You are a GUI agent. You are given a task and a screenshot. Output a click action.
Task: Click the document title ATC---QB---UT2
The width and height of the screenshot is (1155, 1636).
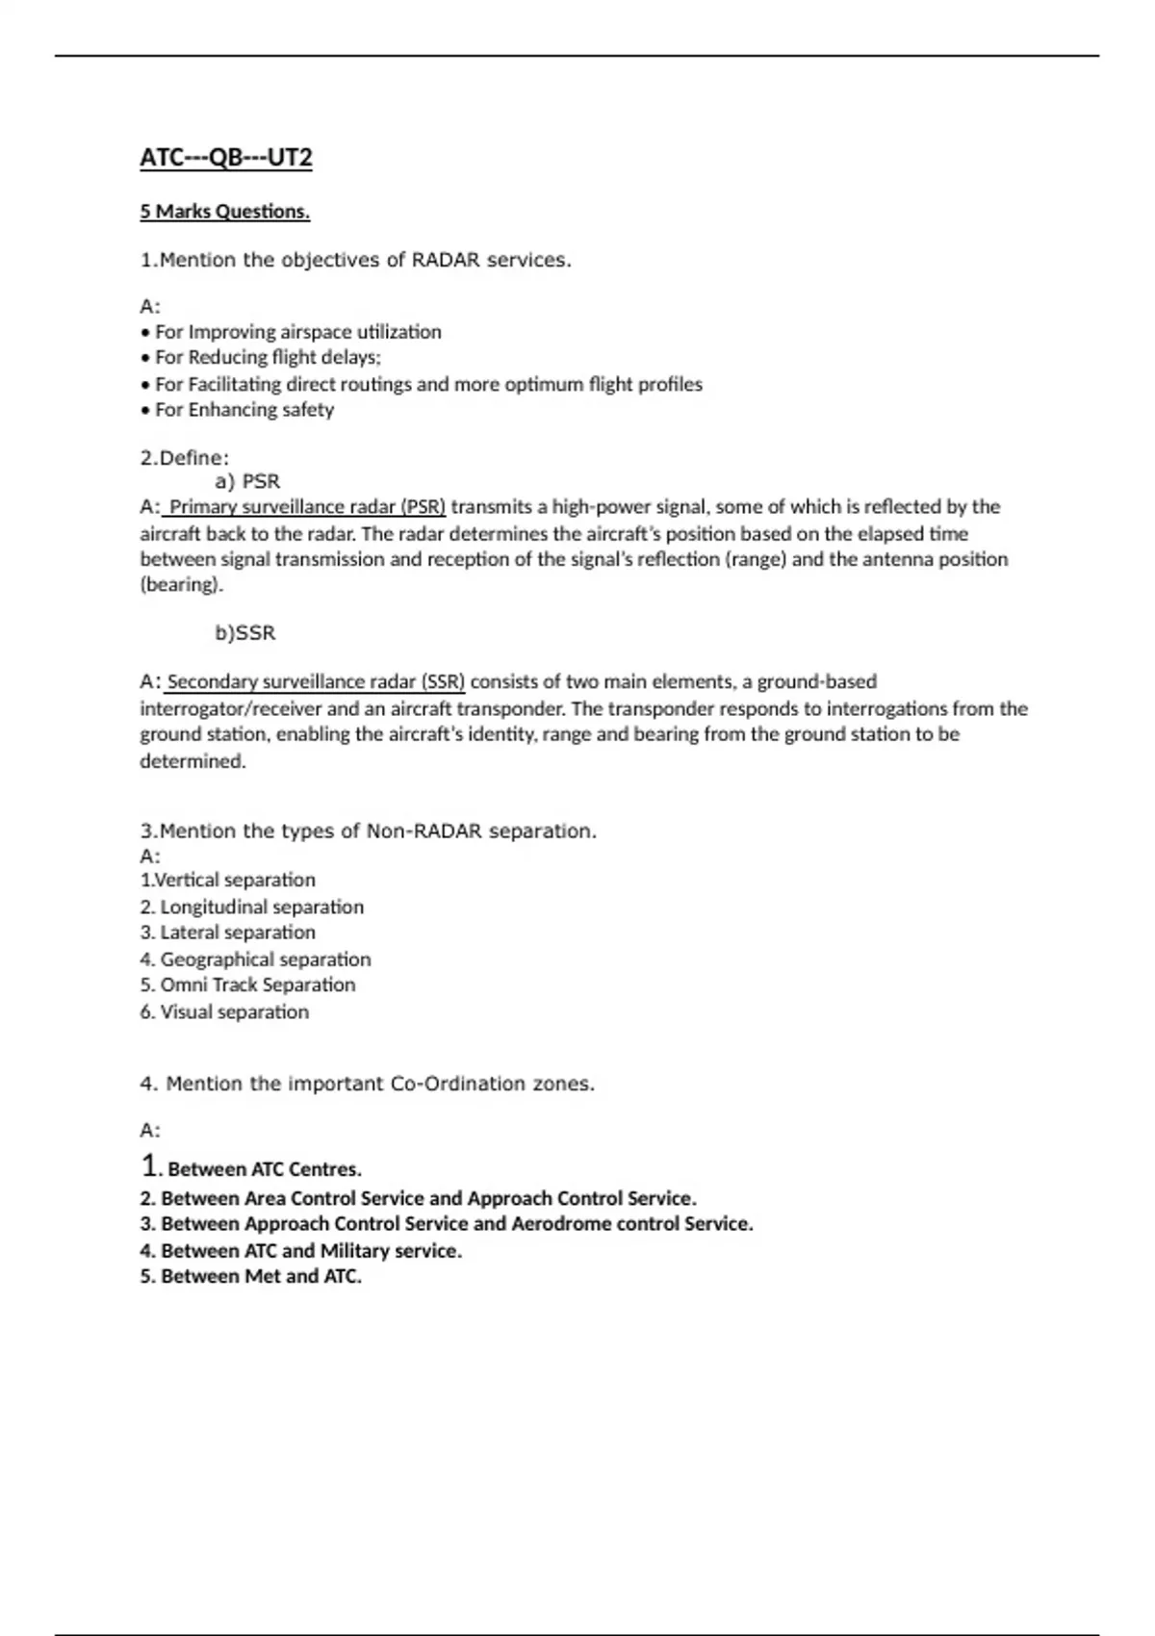(x=226, y=157)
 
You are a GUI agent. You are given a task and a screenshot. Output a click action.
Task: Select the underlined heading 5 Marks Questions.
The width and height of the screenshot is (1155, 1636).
(x=224, y=212)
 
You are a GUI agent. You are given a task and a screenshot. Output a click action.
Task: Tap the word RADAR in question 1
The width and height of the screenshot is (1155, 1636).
(x=446, y=260)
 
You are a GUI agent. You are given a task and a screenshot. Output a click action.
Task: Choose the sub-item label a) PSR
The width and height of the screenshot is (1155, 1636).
(x=247, y=481)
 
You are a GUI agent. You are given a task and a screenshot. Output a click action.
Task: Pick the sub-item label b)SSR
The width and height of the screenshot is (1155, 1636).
(x=244, y=633)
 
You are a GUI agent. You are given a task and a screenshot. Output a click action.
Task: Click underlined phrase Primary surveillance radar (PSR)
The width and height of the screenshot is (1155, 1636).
(x=306, y=507)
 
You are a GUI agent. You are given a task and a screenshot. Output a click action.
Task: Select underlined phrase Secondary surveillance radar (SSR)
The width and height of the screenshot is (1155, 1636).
(x=316, y=682)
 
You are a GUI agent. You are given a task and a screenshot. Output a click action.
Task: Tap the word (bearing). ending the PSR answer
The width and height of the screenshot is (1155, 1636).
(x=182, y=585)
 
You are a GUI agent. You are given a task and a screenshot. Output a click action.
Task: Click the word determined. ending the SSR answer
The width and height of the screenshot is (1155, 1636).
(x=192, y=761)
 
